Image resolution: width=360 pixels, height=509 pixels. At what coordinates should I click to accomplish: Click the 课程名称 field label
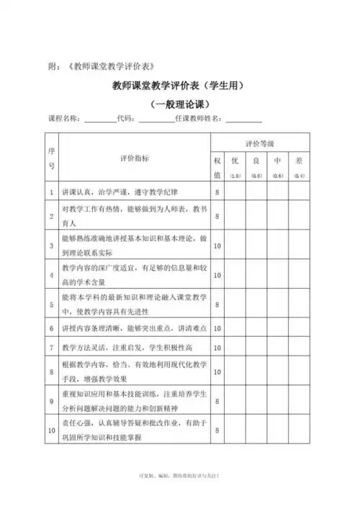pyautogui.click(x=64, y=119)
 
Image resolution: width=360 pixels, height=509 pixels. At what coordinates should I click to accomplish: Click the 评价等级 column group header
pyautogui.click(x=259, y=144)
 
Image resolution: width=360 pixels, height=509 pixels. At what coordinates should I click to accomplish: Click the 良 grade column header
pyautogui.click(x=256, y=162)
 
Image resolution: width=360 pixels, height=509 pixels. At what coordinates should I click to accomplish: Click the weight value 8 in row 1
pyautogui.click(x=217, y=193)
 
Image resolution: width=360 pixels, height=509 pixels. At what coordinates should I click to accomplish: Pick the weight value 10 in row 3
pyautogui.click(x=217, y=246)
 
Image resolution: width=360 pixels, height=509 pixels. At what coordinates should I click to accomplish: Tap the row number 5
pyautogui.click(x=51, y=304)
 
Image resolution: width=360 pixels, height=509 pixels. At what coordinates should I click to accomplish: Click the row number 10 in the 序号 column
pyautogui.click(x=51, y=430)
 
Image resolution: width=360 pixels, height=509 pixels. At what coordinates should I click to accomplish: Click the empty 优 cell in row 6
pyautogui.click(x=235, y=328)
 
